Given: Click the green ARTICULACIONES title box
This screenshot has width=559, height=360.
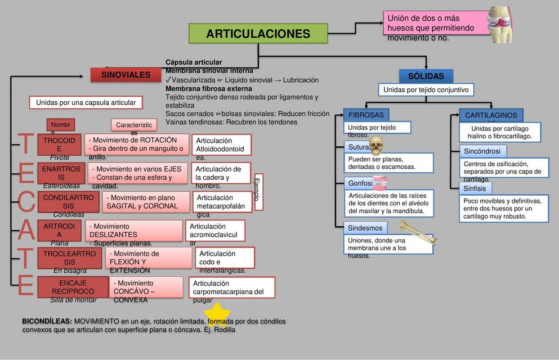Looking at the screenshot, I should pyautogui.click(x=258, y=34).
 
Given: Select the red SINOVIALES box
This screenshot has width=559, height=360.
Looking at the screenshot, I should pyautogui.click(x=126, y=75).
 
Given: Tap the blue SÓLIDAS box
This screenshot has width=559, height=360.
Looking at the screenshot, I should pyautogui.click(x=426, y=76).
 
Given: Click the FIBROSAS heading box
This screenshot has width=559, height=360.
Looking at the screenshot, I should pyautogui.click(x=366, y=115).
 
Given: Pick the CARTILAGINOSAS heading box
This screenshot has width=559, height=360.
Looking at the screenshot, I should pyautogui.click(x=491, y=115).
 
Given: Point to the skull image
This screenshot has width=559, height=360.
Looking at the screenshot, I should pyautogui.click(x=376, y=146).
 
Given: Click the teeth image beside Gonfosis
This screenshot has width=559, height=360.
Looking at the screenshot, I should pyautogui.click(x=381, y=182).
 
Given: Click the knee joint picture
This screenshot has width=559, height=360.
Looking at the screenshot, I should pyautogui.click(x=499, y=24).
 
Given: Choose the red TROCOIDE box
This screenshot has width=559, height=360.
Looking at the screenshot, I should pyautogui.click(x=59, y=145).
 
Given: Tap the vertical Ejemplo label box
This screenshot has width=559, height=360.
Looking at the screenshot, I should pyautogui.click(x=259, y=192).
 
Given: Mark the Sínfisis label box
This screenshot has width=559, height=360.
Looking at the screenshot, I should pyautogui.click(x=475, y=188).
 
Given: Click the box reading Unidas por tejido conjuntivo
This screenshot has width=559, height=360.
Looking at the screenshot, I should pyautogui.click(x=426, y=90).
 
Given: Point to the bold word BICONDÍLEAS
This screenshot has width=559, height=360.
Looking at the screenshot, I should pyautogui.click(x=47, y=321).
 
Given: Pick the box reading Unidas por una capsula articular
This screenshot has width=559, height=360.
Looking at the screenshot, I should pyautogui.click(x=86, y=102).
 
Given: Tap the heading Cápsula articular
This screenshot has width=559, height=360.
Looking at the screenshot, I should pyautogui.click(x=194, y=62).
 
